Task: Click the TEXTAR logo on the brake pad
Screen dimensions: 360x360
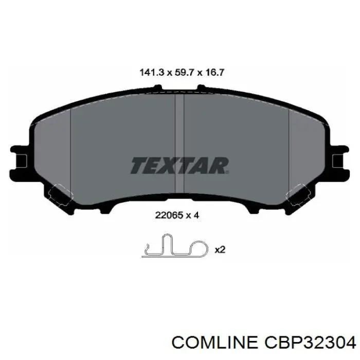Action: point(179,166)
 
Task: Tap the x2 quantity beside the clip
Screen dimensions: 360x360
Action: point(220,249)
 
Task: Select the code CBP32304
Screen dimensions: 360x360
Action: point(311,342)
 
